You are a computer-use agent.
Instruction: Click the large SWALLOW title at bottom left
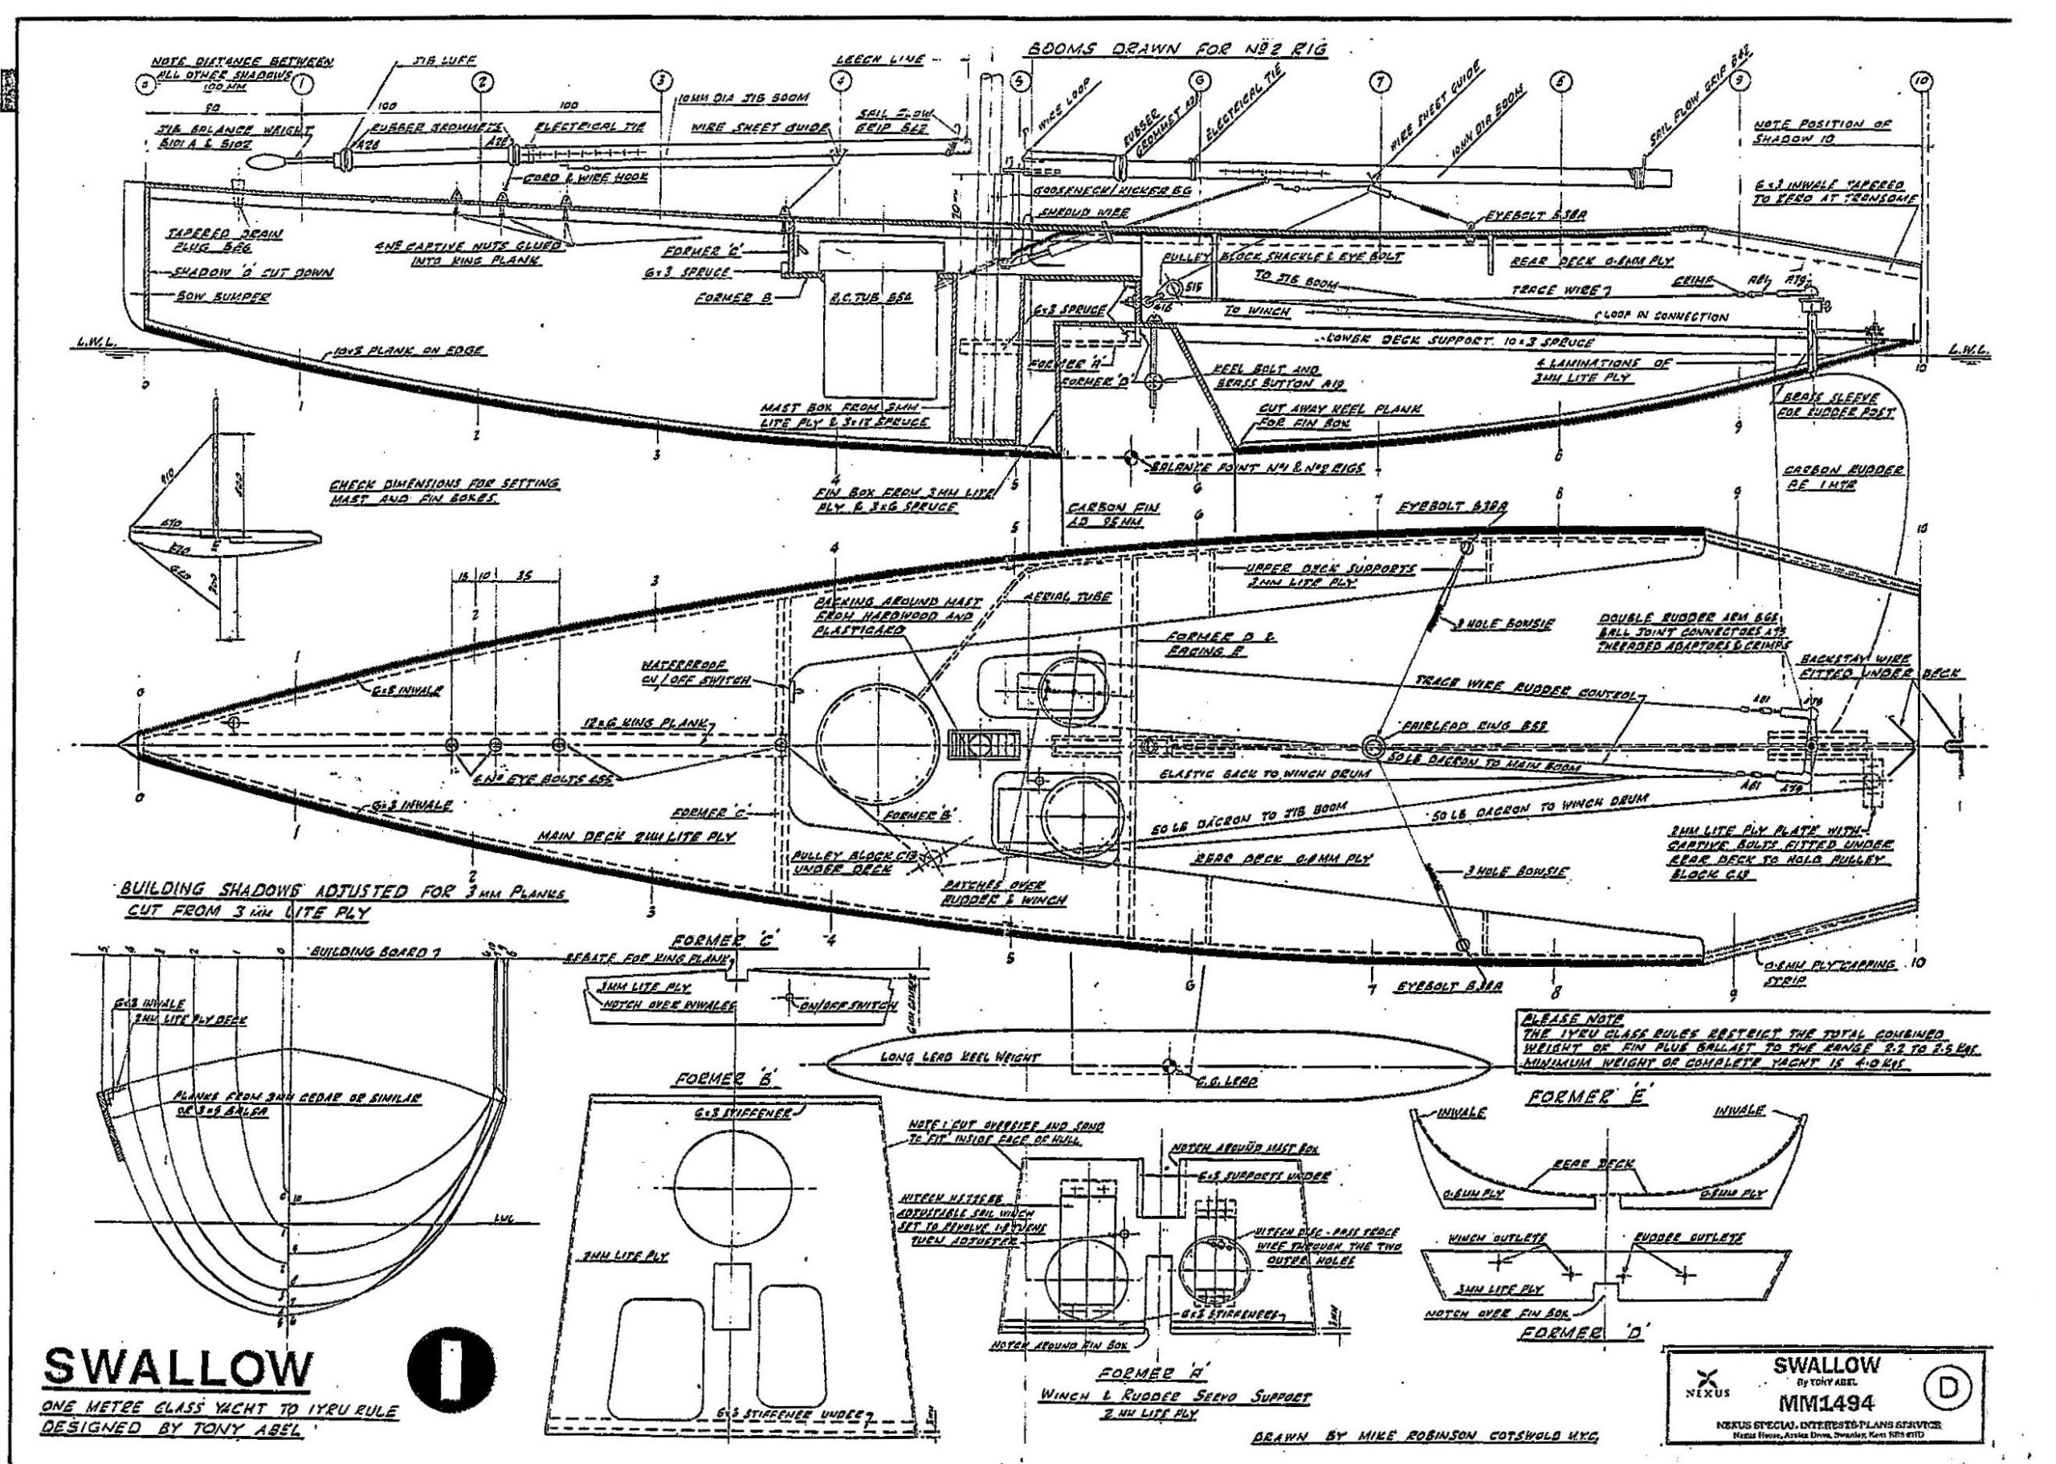(177, 1368)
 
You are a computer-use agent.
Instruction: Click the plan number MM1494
(1826, 1403)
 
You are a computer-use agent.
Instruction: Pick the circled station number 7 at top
(1378, 82)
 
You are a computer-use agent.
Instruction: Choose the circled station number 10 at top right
(1923, 82)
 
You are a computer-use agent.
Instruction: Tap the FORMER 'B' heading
(724, 1080)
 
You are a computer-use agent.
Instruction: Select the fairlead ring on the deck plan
(1373, 745)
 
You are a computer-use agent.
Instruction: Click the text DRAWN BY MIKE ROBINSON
(1425, 1435)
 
